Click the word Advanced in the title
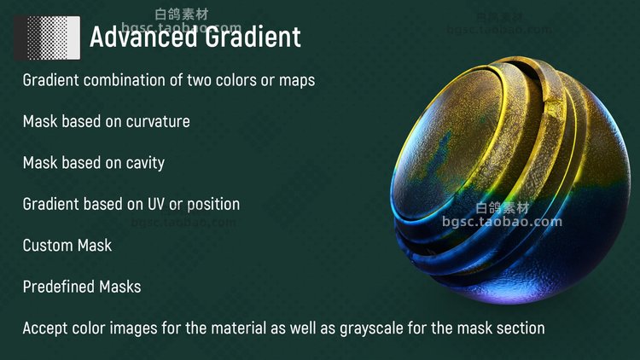click(x=143, y=37)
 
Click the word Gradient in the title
click(x=253, y=37)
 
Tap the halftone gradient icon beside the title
click(x=47, y=38)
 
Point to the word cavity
click(x=145, y=163)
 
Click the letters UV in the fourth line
click(x=155, y=204)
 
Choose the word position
click(x=213, y=205)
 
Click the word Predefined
click(x=59, y=287)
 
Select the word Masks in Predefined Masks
click(x=120, y=287)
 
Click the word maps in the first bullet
click(x=297, y=80)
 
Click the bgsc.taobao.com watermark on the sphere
click(x=502, y=222)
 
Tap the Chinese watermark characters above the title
click(x=182, y=15)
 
